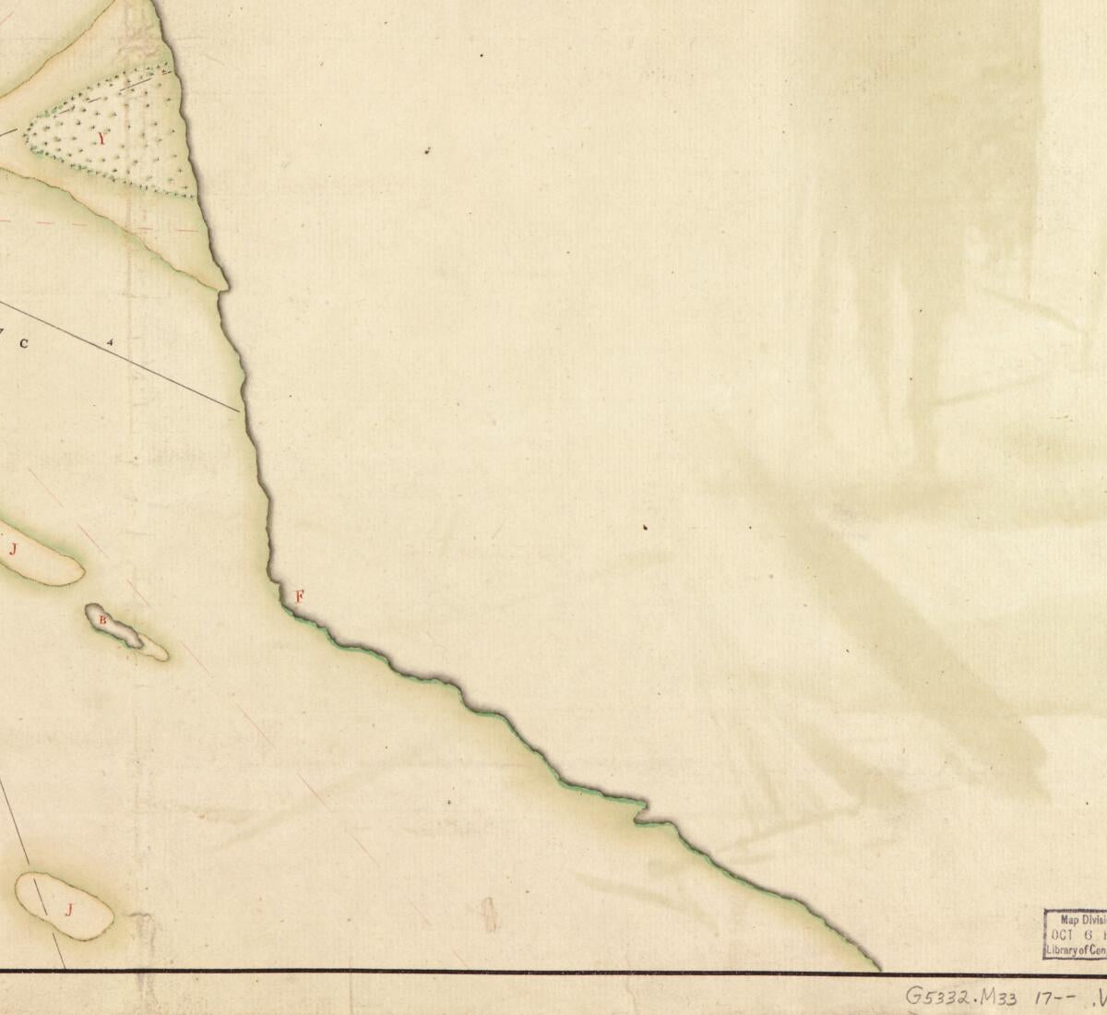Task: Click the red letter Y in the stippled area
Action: (102, 139)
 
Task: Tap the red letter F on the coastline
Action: (299, 596)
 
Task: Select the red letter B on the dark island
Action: (103, 620)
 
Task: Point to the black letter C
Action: (25, 344)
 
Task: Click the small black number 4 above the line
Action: (112, 342)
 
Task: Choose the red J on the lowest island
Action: (68, 910)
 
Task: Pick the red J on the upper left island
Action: (14, 550)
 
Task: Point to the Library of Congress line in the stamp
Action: (1076, 949)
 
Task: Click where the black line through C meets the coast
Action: (242, 410)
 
